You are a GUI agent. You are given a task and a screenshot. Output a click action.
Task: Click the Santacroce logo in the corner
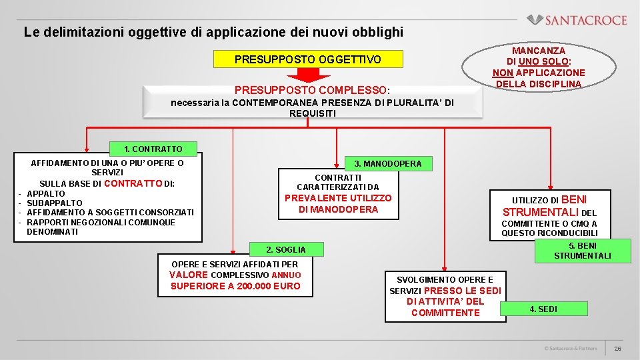tap(577, 20)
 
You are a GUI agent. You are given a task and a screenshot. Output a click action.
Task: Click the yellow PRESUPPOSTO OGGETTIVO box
tap(308, 59)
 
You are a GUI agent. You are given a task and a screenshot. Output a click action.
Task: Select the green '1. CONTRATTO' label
tap(153, 149)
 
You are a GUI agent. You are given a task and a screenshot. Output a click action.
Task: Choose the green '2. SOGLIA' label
tap(285, 249)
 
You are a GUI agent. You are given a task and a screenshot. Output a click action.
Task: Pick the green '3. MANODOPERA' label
tap(387, 163)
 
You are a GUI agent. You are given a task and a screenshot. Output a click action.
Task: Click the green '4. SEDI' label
tap(543, 309)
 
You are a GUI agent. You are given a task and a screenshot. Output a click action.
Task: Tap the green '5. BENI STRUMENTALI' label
tap(582, 251)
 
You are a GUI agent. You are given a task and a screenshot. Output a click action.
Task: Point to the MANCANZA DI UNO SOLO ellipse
tap(538, 67)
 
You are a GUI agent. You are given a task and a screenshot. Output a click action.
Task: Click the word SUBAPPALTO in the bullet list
tap(55, 203)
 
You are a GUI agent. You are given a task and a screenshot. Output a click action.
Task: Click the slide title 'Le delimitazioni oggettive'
tap(213, 31)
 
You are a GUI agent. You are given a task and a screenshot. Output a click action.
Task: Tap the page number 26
tap(617, 349)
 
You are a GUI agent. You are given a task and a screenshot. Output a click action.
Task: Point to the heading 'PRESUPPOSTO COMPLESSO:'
tap(313, 90)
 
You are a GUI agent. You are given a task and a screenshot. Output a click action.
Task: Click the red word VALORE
tap(189, 275)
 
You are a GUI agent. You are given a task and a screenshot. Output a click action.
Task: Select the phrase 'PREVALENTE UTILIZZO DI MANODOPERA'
tap(338, 203)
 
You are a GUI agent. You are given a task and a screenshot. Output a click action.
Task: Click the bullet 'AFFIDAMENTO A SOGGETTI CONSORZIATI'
tap(110, 212)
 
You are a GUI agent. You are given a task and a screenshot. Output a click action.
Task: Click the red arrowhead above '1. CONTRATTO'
tap(86, 149)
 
